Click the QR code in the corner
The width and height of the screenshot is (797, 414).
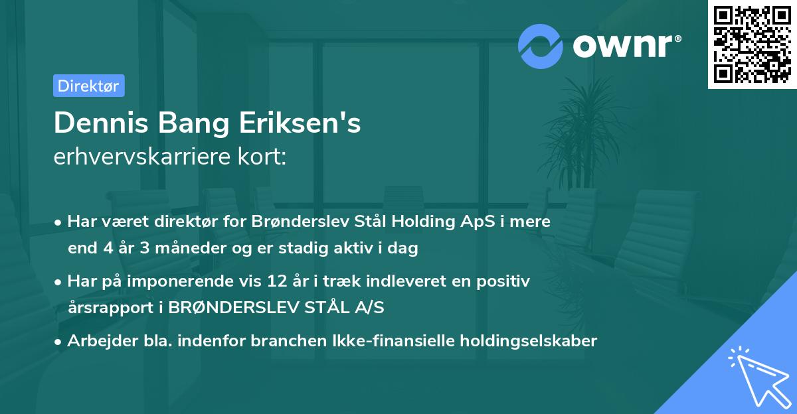[x=753, y=44]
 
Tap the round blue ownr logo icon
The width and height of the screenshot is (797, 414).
[x=540, y=46]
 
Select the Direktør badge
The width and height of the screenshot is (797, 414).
[x=88, y=86]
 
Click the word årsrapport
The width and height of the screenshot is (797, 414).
[x=108, y=308]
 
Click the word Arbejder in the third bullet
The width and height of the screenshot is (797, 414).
[x=97, y=341]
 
